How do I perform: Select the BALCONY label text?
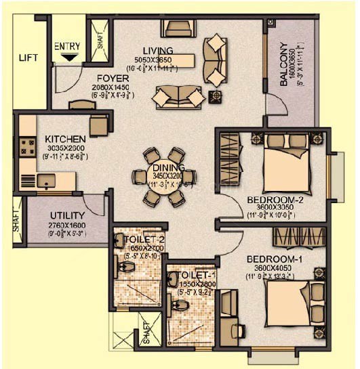(283, 66)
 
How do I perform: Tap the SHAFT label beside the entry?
(100, 44)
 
